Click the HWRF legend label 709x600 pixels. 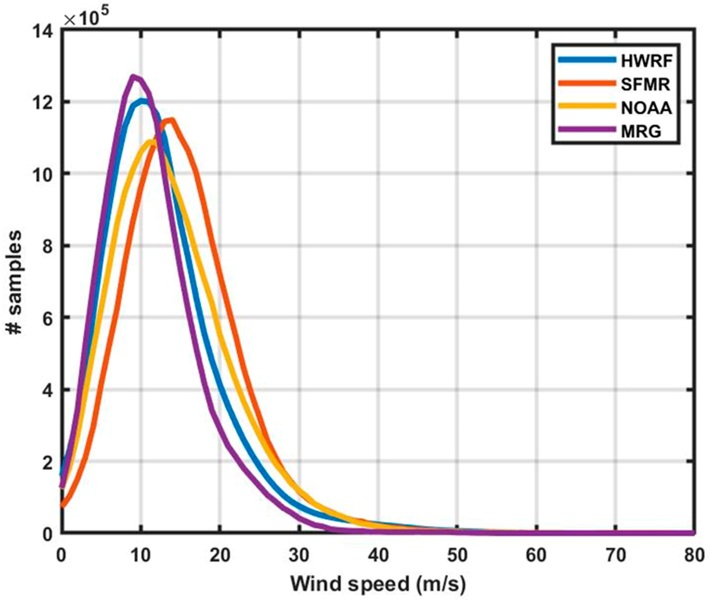coord(647,61)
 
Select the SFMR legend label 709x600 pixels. coord(645,84)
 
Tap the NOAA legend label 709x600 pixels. coord(647,108)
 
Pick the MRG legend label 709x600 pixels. coord(641,131)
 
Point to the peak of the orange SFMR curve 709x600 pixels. coord(172,120)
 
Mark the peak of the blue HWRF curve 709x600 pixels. coord(142,101)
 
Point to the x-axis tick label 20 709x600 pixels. coord(220,555)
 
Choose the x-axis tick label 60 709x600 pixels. coord(536,555)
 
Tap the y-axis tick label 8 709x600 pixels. coord(48,246)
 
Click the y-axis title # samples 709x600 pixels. coord(14,282)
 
